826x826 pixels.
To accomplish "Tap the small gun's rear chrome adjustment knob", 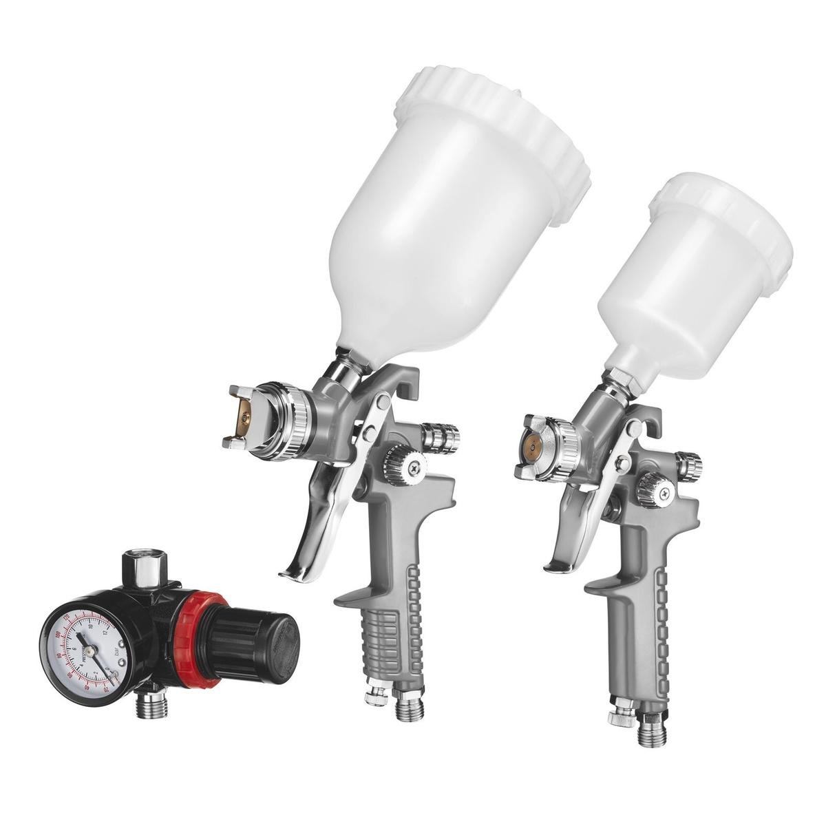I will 688,463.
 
